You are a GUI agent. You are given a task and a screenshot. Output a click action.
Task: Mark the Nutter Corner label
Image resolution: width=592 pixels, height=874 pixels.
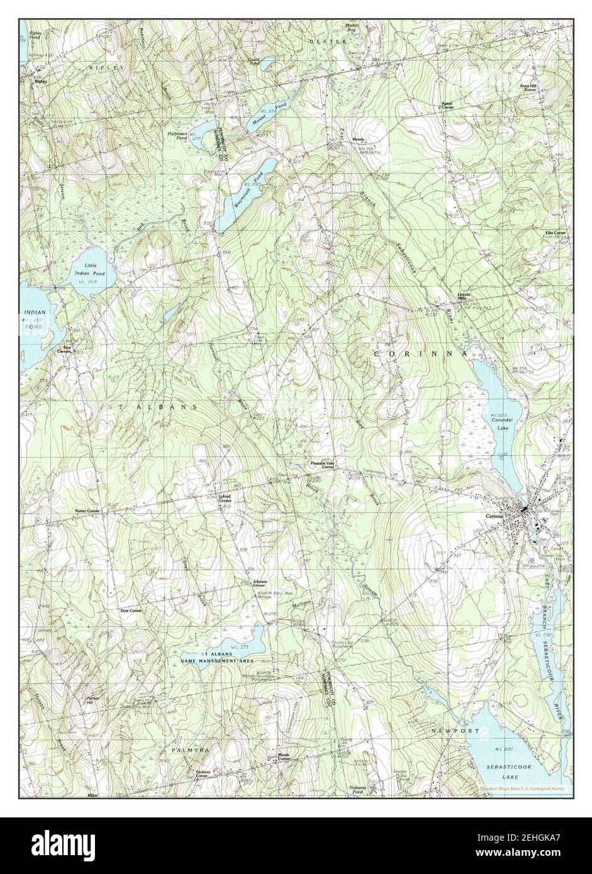point(87,511)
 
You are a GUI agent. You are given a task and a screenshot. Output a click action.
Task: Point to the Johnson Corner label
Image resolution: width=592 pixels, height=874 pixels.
point(260,584)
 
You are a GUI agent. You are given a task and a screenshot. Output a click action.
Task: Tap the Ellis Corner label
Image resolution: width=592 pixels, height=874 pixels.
point(556,233)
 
